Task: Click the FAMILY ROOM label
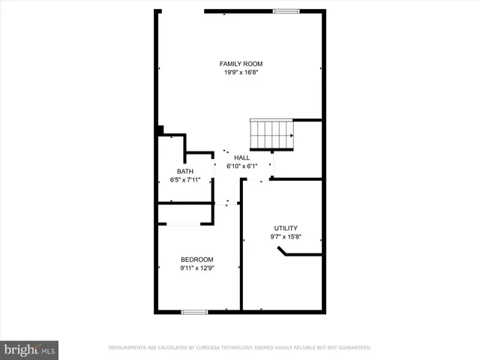241,64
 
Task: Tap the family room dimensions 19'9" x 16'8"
241,73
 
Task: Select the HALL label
241,157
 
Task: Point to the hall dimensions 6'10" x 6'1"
241,166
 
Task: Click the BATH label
184,172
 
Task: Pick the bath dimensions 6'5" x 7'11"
184,180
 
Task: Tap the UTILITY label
286,228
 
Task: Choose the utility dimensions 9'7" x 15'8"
286,237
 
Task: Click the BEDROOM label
196,259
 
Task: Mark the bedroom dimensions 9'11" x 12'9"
196,268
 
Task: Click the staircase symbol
272,135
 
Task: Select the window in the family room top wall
286,10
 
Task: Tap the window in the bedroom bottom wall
194,310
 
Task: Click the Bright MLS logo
30,349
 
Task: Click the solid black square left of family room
160,130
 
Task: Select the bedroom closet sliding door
181,224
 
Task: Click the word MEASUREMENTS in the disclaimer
128,348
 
